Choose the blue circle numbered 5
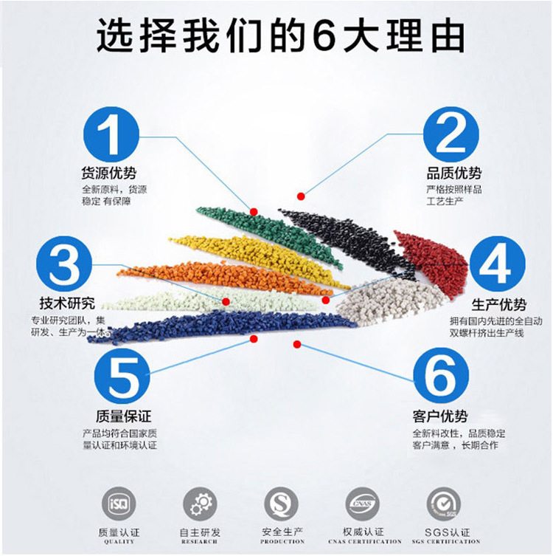pos(122,377)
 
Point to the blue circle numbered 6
pos(440,376)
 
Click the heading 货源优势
pos(109,174)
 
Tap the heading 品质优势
pos(453,174)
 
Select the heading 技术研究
pos(67,303)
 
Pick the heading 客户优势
pos(440,416)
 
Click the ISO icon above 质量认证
pos(119,504)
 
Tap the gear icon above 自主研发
pos(200,504)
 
